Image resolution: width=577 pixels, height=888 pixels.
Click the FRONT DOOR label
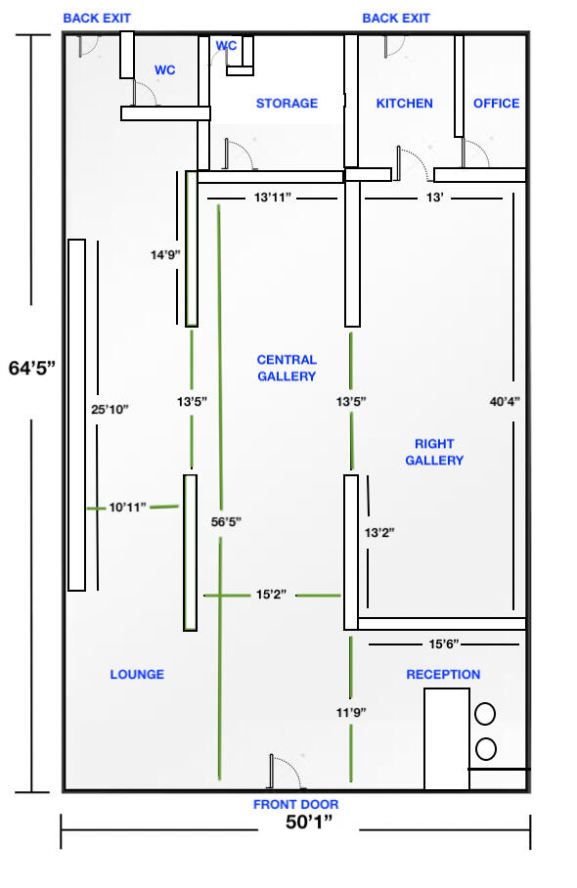coord(295,804)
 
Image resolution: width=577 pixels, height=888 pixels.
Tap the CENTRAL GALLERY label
coord(287,368)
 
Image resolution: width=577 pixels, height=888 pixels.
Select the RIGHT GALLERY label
coord(434,452)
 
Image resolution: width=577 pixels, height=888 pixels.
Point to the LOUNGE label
coord(137,675)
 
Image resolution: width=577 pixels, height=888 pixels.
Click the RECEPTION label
coord(443,675)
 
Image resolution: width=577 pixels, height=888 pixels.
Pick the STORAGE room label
coord(287,103)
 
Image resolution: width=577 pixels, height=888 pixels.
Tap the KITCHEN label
coord(404,103)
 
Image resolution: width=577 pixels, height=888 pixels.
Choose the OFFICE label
coord(497,103)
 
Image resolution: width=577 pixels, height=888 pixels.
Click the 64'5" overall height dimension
coord(32,368)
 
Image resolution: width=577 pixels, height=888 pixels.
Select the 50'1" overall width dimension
coord(309,821)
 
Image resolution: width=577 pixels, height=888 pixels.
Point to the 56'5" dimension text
coord(226,521)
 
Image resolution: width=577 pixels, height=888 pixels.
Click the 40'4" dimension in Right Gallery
coord(505,402)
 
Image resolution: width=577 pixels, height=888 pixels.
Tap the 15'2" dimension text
coord(271,595)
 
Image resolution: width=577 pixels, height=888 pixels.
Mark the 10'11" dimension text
coord(127,508)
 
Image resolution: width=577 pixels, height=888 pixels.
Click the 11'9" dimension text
coord(351,712)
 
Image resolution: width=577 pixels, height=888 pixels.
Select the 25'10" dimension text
coord(110,410)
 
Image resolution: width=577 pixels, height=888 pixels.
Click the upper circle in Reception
coord(485,714)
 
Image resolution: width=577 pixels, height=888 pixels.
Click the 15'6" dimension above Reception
coord(443,644)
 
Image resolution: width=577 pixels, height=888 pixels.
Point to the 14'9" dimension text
coord(165,255)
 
